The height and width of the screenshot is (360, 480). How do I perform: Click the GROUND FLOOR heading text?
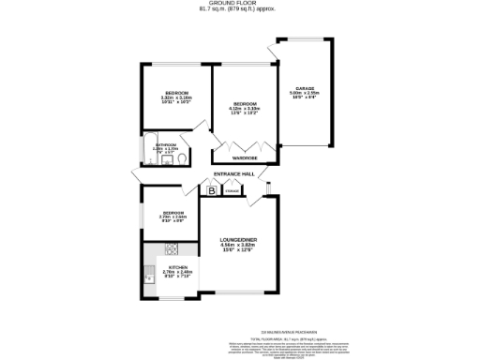tap(240, 3)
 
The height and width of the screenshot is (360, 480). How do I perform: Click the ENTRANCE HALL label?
tap(235, 174)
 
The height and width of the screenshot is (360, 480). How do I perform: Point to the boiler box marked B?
tap(213, 192)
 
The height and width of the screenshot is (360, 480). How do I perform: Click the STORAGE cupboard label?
tap(232, 192)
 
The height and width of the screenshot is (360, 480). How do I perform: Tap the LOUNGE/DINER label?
tap(238, 240)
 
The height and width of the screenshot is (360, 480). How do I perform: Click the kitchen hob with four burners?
tap(172, 248)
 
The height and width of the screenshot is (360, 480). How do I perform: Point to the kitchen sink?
tap(149, 277)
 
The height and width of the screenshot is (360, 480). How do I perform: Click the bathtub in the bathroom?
tap(146, 147)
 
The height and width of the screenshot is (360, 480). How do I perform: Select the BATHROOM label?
tap(166, 144)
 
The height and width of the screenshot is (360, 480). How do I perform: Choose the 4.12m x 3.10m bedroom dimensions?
tap(246, 109)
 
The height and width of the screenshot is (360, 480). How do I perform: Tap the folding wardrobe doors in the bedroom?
tap(246, 145)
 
